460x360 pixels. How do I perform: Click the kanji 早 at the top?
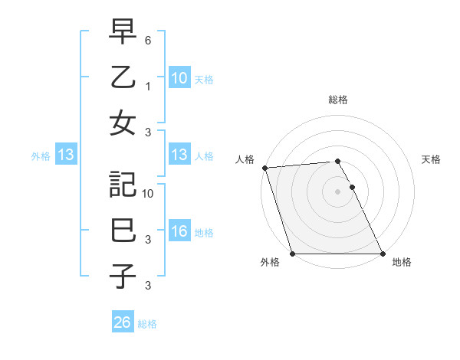click(x=122, y=33)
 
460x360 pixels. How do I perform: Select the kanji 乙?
click(x=122, y=78)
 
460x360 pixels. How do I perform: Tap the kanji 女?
click(x=122, y=123)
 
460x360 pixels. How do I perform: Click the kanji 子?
click(x=122, y=277)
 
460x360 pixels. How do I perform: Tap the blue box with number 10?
click(x=179, y=78)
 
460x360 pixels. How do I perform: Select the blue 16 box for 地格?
click(x=179, y=231)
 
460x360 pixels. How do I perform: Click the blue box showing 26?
click(x=123, y=322)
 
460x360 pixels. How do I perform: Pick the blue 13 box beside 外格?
click(x=66, y=155)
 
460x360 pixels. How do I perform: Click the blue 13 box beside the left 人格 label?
click(x=179, y=155)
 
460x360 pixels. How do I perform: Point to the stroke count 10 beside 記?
click(x=149, y=193)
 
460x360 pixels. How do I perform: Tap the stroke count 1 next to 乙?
click(x=149, y=86)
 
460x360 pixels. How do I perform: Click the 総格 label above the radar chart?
click(x=337, y=100)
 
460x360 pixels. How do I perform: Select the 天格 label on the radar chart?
click(x=431, y=159)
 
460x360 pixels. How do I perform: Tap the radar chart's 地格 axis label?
click(x=401, y=263)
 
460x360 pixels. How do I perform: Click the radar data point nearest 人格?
click(x=264, y=168)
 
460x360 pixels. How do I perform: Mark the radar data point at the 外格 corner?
click(x=292, y=254)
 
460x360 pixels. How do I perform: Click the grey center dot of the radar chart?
click(x=337, y=191)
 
